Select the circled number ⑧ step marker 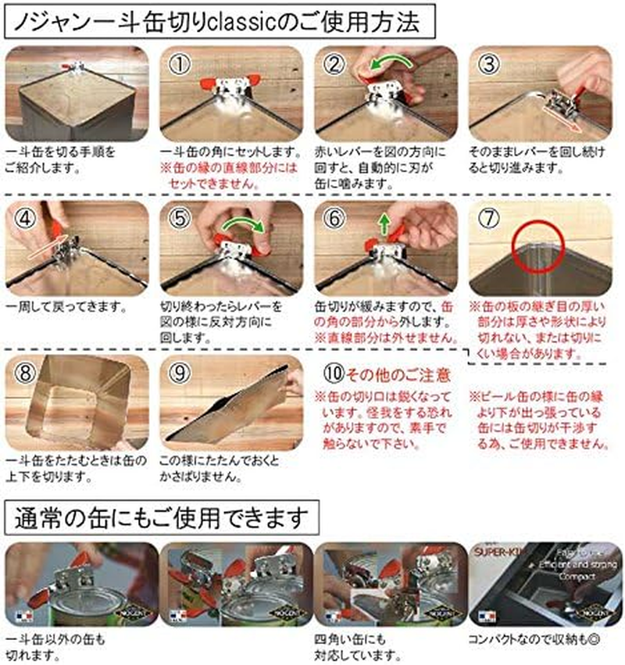click(x=25, y=372)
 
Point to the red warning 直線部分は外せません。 click(x=386, y=339)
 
